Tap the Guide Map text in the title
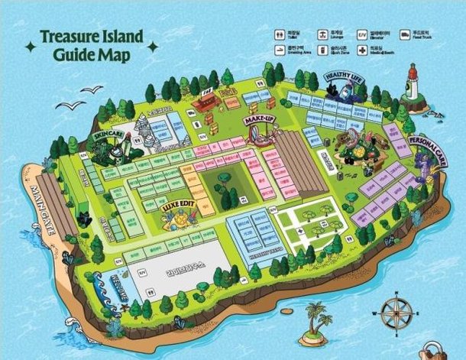pos(92,55)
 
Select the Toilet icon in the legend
pos(280,34)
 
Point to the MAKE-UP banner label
pos(259,120)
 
